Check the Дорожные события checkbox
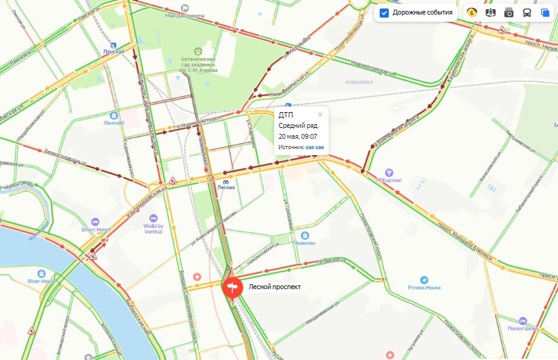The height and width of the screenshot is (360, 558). coord(384,13)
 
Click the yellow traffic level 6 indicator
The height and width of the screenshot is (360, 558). coord(472,13)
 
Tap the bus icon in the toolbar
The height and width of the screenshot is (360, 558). coord(527,13)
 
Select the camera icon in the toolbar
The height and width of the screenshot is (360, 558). coord(509,13)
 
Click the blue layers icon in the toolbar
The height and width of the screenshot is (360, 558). coord(545,13)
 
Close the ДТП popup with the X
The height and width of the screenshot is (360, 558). coord(320,114)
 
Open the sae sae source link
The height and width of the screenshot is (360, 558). coord(314,147)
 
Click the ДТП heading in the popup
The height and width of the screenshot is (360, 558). coord(285,115)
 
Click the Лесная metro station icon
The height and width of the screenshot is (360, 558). coord(225,179)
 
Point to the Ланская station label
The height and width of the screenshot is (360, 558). coord(113,52)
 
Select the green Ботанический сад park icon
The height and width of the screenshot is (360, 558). coord(198,51)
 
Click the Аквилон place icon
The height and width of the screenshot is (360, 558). coord(304,235)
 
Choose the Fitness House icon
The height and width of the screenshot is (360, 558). coord(423,280)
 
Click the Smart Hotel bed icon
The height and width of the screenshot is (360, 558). coord(95,222)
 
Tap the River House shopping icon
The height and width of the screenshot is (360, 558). coord(41,273)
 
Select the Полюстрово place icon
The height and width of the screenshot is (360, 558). coord(522,321)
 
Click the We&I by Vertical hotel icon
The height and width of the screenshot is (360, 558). coord(153,218)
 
